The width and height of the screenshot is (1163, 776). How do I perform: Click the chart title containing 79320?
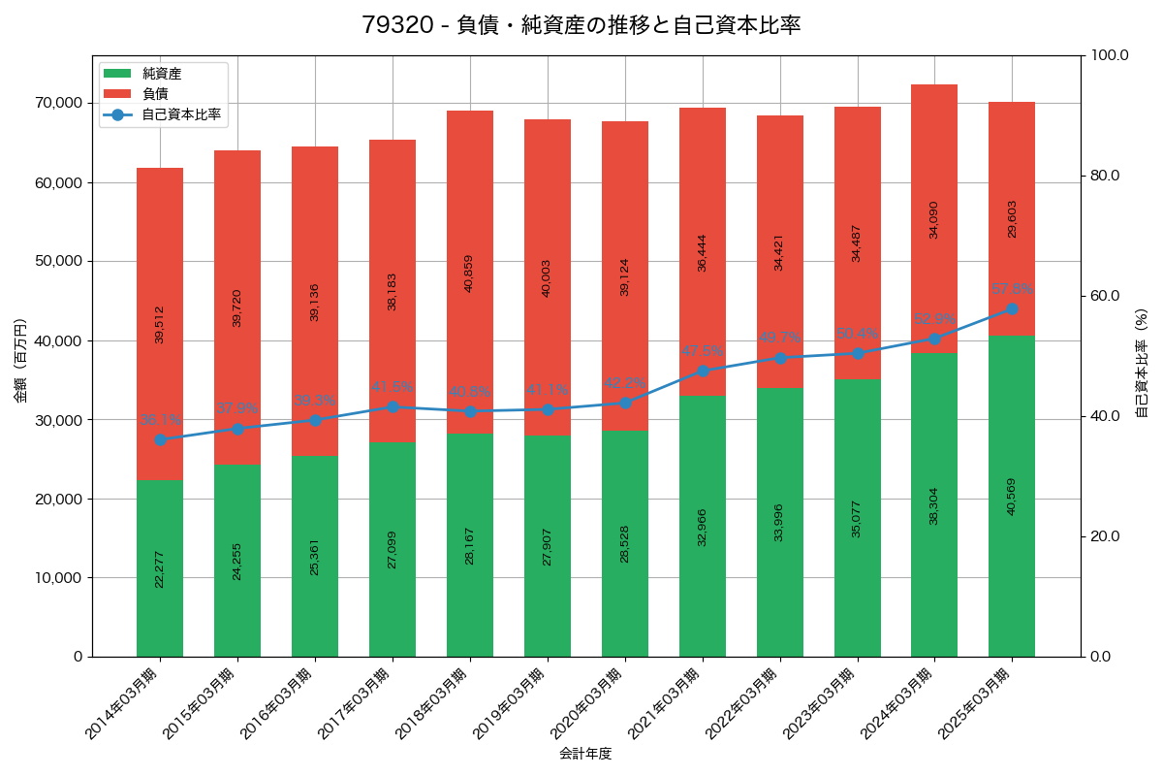tap(581, 25)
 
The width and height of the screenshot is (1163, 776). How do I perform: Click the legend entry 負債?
tap(155, 94)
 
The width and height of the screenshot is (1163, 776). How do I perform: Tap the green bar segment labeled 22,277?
tap(160, 568)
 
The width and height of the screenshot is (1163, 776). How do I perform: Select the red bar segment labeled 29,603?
tap(1012, 218)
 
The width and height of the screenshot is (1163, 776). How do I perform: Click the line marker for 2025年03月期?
tap(1012, 308)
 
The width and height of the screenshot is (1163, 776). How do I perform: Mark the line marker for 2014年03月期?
tap(160, 439)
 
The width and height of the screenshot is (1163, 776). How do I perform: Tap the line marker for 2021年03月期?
tap(703, 371)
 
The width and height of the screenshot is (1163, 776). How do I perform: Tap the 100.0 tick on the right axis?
tap(1111, 55)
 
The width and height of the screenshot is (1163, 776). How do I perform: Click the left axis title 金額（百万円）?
tap(19, 360)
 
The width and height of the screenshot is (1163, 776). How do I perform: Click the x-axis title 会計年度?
tap(585, 754)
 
